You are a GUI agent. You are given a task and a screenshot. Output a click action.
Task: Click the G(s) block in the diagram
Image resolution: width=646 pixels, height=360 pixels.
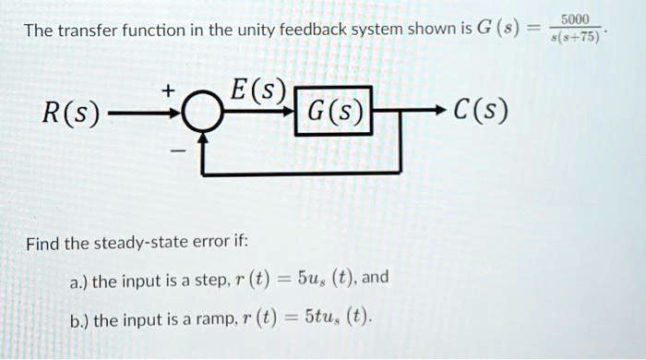tap(333, 114)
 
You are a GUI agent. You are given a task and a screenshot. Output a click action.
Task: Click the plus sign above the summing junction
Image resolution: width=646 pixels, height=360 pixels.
tap(168, 90)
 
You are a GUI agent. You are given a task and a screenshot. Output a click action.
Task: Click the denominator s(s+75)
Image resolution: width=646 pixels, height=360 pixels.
tap(580, 38)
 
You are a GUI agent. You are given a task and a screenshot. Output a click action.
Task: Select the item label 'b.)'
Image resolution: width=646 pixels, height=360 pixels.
tap(81, 320)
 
